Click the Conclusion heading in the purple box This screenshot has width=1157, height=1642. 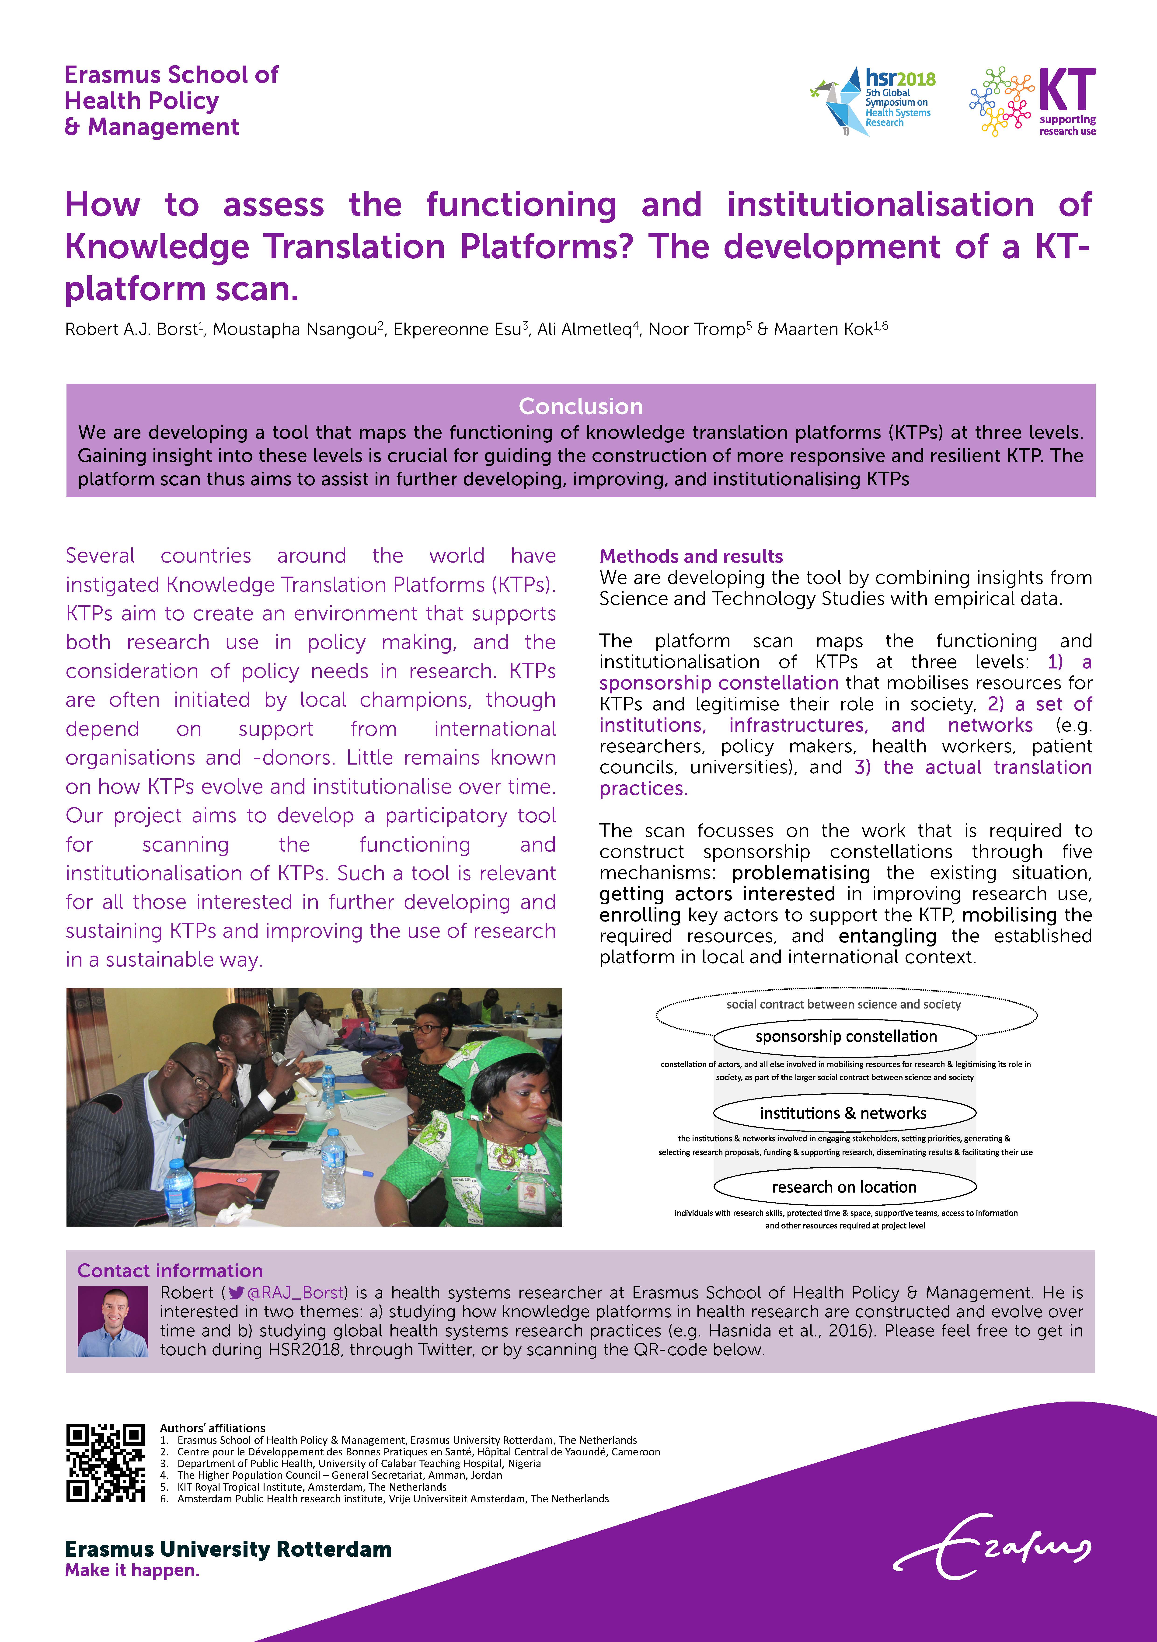[580, 406]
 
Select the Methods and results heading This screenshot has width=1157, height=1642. [691, 557]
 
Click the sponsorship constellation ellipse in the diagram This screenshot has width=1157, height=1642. [845, 1036]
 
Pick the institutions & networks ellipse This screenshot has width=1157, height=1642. [844, 1113]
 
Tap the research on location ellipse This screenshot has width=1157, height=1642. [844, 1186]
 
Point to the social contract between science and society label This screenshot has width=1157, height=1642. [844, 1004]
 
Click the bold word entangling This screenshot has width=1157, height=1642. [887, 936]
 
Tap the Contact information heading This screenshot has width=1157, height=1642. [170, 1270]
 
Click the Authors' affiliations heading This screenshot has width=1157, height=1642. [212, 1427]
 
